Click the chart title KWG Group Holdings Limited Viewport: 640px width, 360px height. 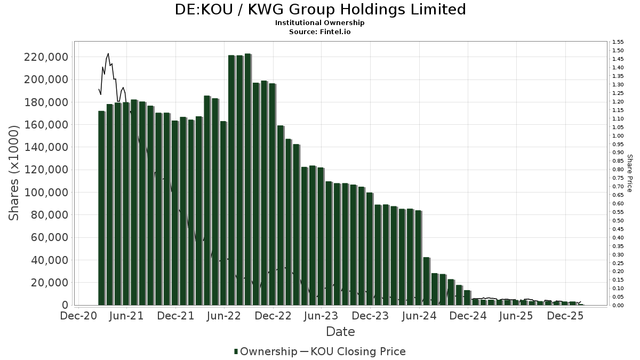[x=320, y=10]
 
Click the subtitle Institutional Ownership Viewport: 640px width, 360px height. [x=320, y=23]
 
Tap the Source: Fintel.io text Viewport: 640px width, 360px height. [x=320, y=31]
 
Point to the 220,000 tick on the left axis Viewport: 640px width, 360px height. [x=46, y=57]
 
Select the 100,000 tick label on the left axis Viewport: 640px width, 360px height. [x=46, y=192]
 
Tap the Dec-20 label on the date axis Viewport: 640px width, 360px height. [x=78, y=316]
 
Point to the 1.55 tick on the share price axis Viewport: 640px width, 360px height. [x=618, y=42]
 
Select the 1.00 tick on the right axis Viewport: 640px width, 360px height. [x=618, y=135]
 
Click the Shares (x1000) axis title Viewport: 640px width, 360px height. [x=14, y=173]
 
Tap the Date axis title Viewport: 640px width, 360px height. [x=340, y=332]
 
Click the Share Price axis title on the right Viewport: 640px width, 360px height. [x=629, y=173]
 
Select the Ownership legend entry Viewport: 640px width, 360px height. [x=266, y=351]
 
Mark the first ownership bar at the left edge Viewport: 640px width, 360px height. [x=101, y=208]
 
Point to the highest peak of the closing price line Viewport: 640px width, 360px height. [x=108, y=53]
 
